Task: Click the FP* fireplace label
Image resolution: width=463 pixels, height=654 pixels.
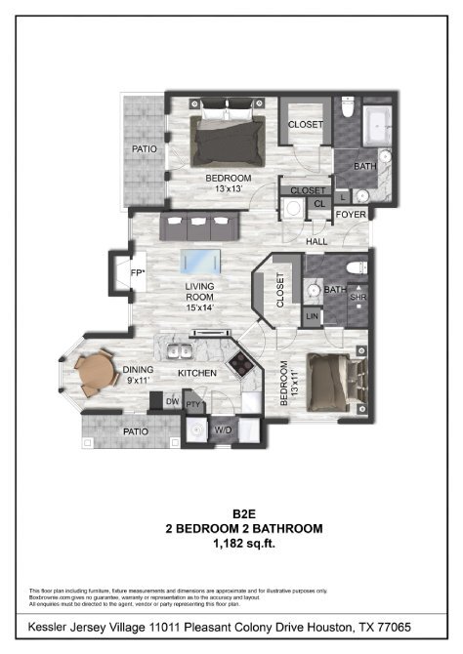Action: click(x=138, y=272)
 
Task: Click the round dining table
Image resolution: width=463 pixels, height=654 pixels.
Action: click(x=95, y=371)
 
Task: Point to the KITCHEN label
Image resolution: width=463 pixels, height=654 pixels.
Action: click(x=195, y=373)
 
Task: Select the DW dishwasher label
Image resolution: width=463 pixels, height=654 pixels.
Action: click(x=172, y=401)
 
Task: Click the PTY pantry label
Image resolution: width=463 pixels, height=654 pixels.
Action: click(x=192, y=401)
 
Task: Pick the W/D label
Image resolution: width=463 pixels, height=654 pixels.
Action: click(x=223, y=429)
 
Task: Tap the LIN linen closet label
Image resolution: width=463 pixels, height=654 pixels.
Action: click(x=312, y=317)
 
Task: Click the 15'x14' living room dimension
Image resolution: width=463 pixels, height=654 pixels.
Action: click(x=199, y=307)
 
